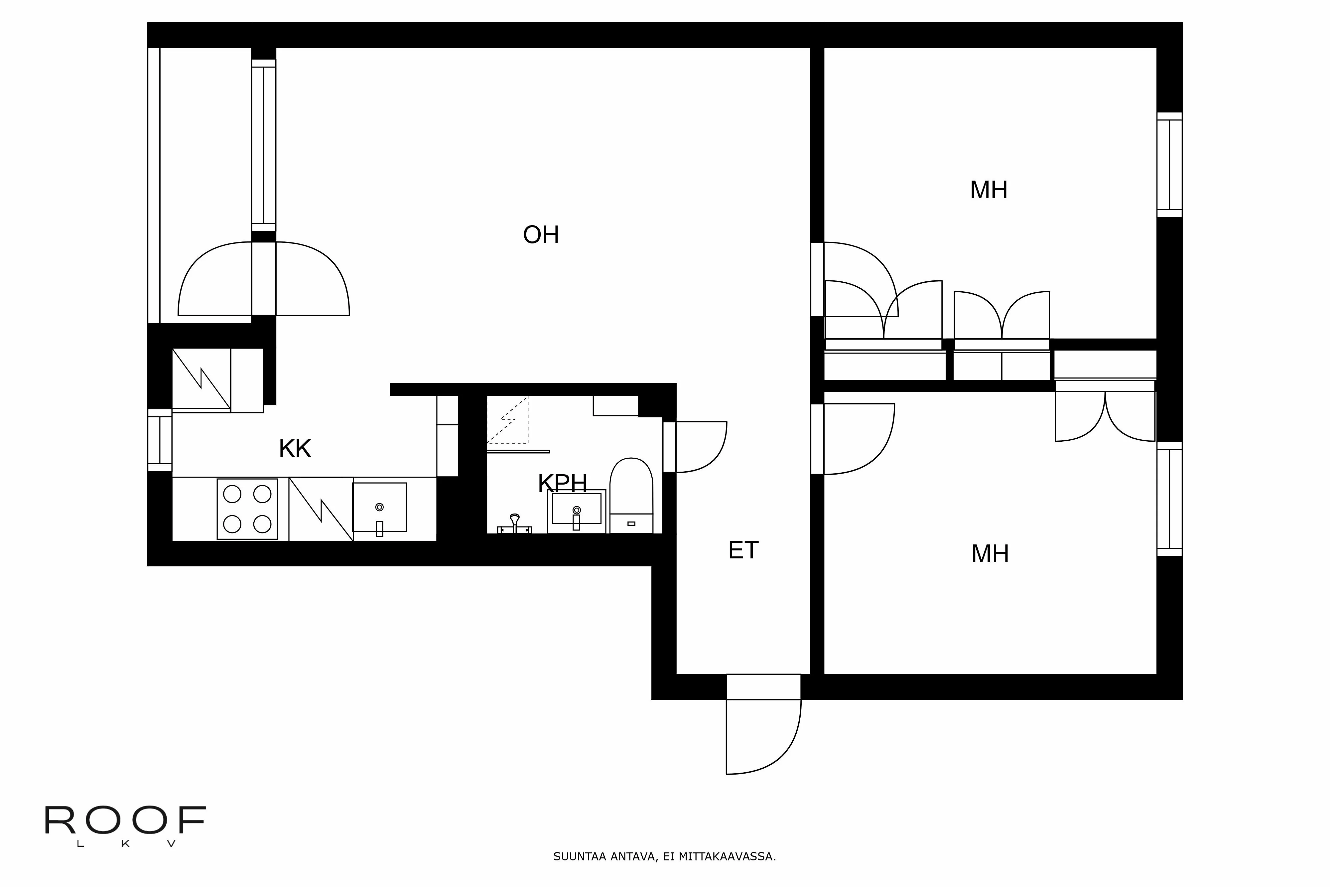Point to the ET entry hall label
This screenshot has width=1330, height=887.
pos(742,550)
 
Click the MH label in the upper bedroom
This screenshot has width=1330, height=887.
pos(989,190)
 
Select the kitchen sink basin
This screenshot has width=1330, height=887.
pos(379,507)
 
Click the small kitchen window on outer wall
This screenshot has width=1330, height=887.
pos(160,440)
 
